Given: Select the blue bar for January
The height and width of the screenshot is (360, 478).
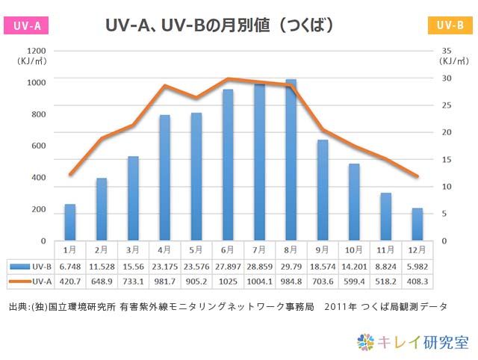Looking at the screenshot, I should coord(69,222).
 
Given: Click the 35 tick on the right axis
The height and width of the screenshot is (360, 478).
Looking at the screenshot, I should coord(447,50).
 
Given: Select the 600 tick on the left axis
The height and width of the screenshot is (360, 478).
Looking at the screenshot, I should coord(38,145).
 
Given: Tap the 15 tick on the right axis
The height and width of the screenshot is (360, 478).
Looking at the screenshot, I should coord(447,159).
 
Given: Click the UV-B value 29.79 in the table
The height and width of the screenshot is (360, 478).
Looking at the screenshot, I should coord(291,267).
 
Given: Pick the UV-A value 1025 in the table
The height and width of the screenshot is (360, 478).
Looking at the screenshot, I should coord(227,282).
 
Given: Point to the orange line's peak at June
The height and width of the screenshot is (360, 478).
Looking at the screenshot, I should coord(228,78).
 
